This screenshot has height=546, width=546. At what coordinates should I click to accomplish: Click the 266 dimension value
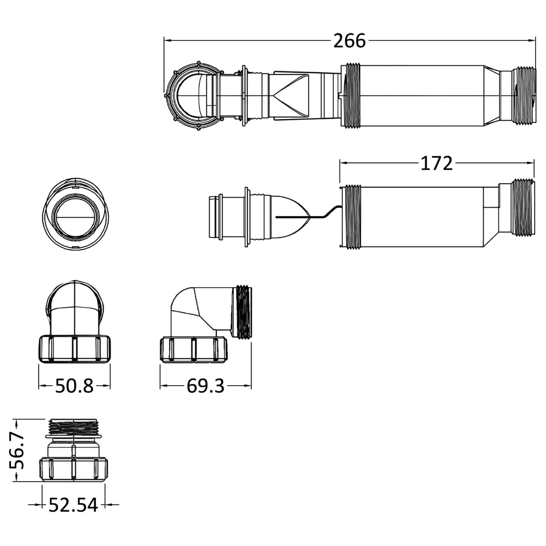349,41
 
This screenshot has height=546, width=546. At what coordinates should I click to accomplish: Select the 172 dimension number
436,163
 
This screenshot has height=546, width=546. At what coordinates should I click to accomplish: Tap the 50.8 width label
74,386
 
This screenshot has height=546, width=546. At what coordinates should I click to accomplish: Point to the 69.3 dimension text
205,386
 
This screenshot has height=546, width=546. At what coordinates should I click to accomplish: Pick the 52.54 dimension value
73,505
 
